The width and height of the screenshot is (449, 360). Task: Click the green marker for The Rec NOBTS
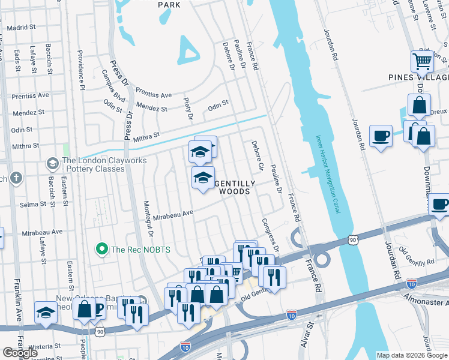click(102, 248)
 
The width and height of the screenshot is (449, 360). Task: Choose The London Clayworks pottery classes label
click(93, 164)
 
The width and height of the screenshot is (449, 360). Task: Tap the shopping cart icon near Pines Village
click(423, 61)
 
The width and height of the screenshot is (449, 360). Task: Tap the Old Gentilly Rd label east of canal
click(416, 257)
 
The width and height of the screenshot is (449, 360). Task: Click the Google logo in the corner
click(20, 353)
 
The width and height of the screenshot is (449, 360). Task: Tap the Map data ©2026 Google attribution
click(412, 355)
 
